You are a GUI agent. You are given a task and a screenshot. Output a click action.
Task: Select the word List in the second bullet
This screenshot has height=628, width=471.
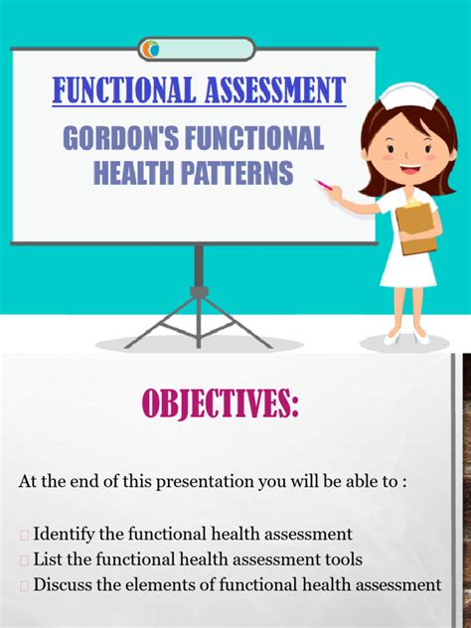click(50, 559)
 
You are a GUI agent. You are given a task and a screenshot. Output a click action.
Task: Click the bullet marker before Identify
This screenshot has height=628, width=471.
click(24, 535)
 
